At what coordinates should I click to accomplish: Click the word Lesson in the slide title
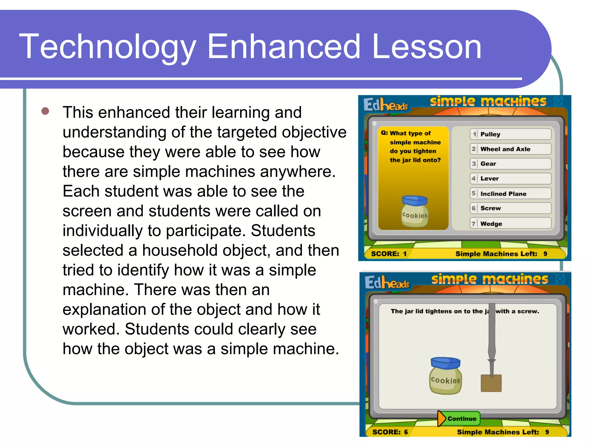tap(427, 47)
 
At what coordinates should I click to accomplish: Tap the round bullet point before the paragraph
tap(45, 111)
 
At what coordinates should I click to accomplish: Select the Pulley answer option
tap(510, 134)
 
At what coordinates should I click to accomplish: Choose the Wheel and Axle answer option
tap(510, 149)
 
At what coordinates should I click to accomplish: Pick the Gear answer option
tap(510, 164)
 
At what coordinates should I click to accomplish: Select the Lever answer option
tap(510, 179)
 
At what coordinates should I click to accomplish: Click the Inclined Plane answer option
tap(510, 194)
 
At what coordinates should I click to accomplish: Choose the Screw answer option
tap(510, 208)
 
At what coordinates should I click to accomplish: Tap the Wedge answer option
tap(510, 224)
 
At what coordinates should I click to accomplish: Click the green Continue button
tap(459, 418)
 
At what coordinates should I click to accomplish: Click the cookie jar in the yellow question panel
tap(415, 211)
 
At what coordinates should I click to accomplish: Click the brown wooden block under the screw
tap(491, 383)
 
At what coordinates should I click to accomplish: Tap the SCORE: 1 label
tap(388, 254)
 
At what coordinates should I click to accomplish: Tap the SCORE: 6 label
tap(390, 432)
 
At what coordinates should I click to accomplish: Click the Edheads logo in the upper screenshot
tap(385, 104)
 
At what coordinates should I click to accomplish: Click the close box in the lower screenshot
tap(560, 279)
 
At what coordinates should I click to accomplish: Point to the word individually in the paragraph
tap(102, 231)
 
